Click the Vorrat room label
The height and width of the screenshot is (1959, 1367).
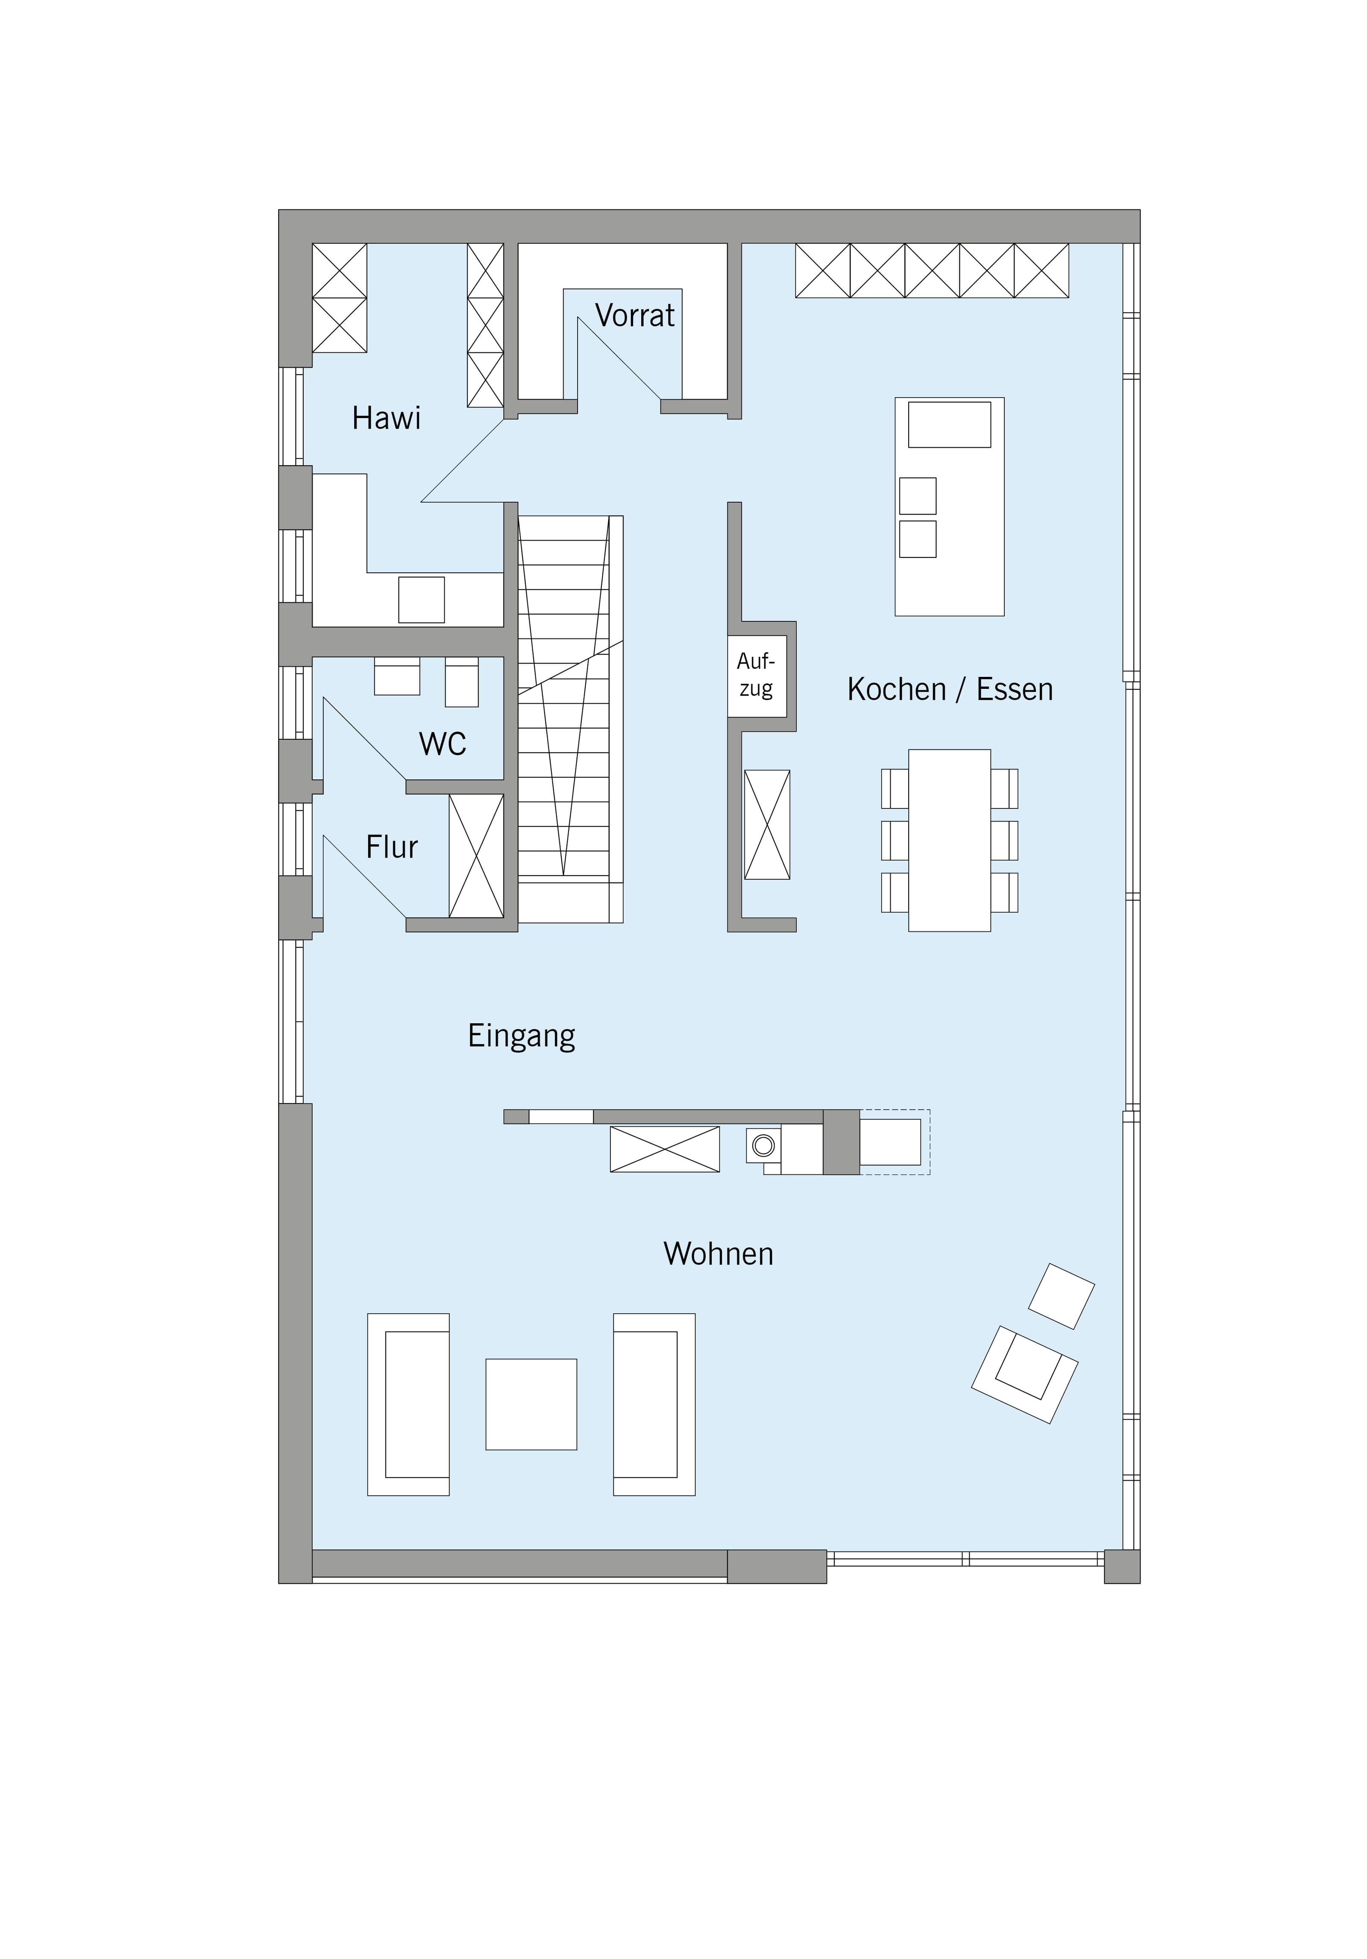(635, 316)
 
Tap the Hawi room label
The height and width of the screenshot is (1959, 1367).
(387, 418)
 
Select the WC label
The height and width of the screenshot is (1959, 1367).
(443, 744)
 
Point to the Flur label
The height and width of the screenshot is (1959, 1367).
(392, 847)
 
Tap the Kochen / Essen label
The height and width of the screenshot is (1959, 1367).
(950, 689)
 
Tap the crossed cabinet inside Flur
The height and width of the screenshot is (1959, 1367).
(476, 856)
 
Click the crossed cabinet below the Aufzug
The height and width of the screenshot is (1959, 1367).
(767, 824)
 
